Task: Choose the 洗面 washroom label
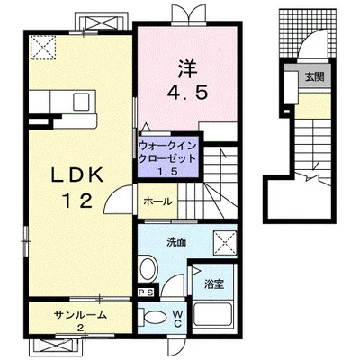point(175,241)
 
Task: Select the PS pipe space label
point(146,292)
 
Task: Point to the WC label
point(178,319)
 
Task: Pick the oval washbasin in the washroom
point(149,269)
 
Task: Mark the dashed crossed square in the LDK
point(43,46)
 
